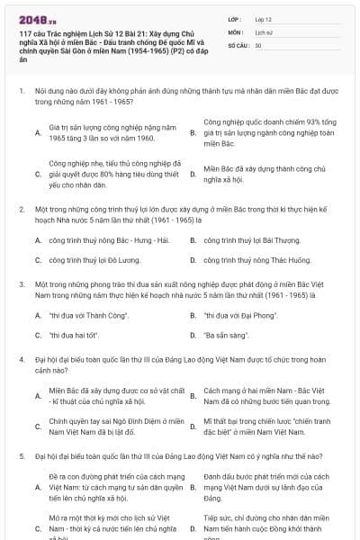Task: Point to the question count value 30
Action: (258, 44)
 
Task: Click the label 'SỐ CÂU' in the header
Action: (238, 44)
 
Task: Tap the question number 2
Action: (21, 209)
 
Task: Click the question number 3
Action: (21, 283)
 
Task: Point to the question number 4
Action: (21, 358)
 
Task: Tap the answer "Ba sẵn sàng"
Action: (226, 335)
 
